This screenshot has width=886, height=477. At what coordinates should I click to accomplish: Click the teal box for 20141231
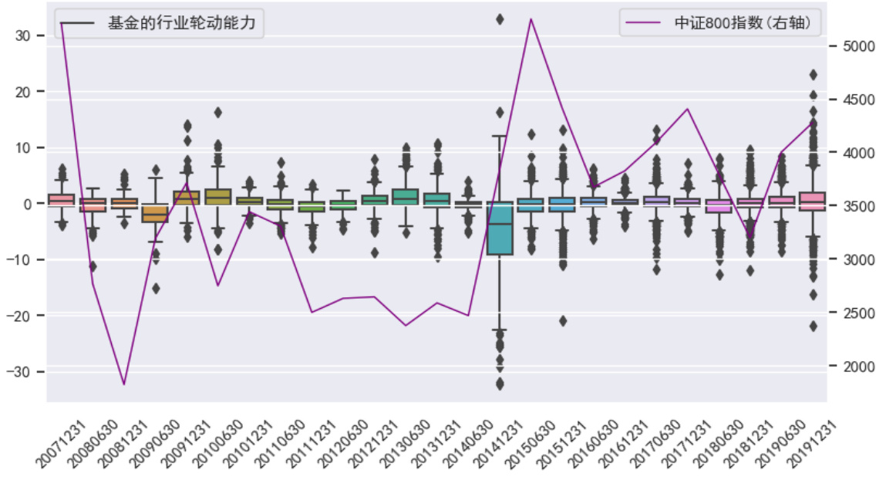(x=500, y=228)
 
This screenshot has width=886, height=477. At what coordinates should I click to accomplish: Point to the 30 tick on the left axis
(x=31, y=36)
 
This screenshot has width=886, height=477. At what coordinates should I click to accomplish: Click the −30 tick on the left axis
(x=27, y=372)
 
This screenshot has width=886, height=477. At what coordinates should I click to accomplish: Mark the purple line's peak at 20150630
(x=531, y=19)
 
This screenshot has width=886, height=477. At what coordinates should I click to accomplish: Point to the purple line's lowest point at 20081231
(x=124, y=384)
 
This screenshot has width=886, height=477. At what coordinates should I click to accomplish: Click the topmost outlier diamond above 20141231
(x=500, y=19)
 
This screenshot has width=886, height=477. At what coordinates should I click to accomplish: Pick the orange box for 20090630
(x=156, y=213)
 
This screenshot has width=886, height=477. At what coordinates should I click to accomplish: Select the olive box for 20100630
(x=218, y=196)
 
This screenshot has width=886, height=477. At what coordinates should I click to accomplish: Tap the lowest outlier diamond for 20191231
(x=813, y=326)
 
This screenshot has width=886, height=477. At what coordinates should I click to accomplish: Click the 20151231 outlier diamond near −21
(x=563, y=321)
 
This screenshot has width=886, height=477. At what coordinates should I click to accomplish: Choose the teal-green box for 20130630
(x=406, y=196)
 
